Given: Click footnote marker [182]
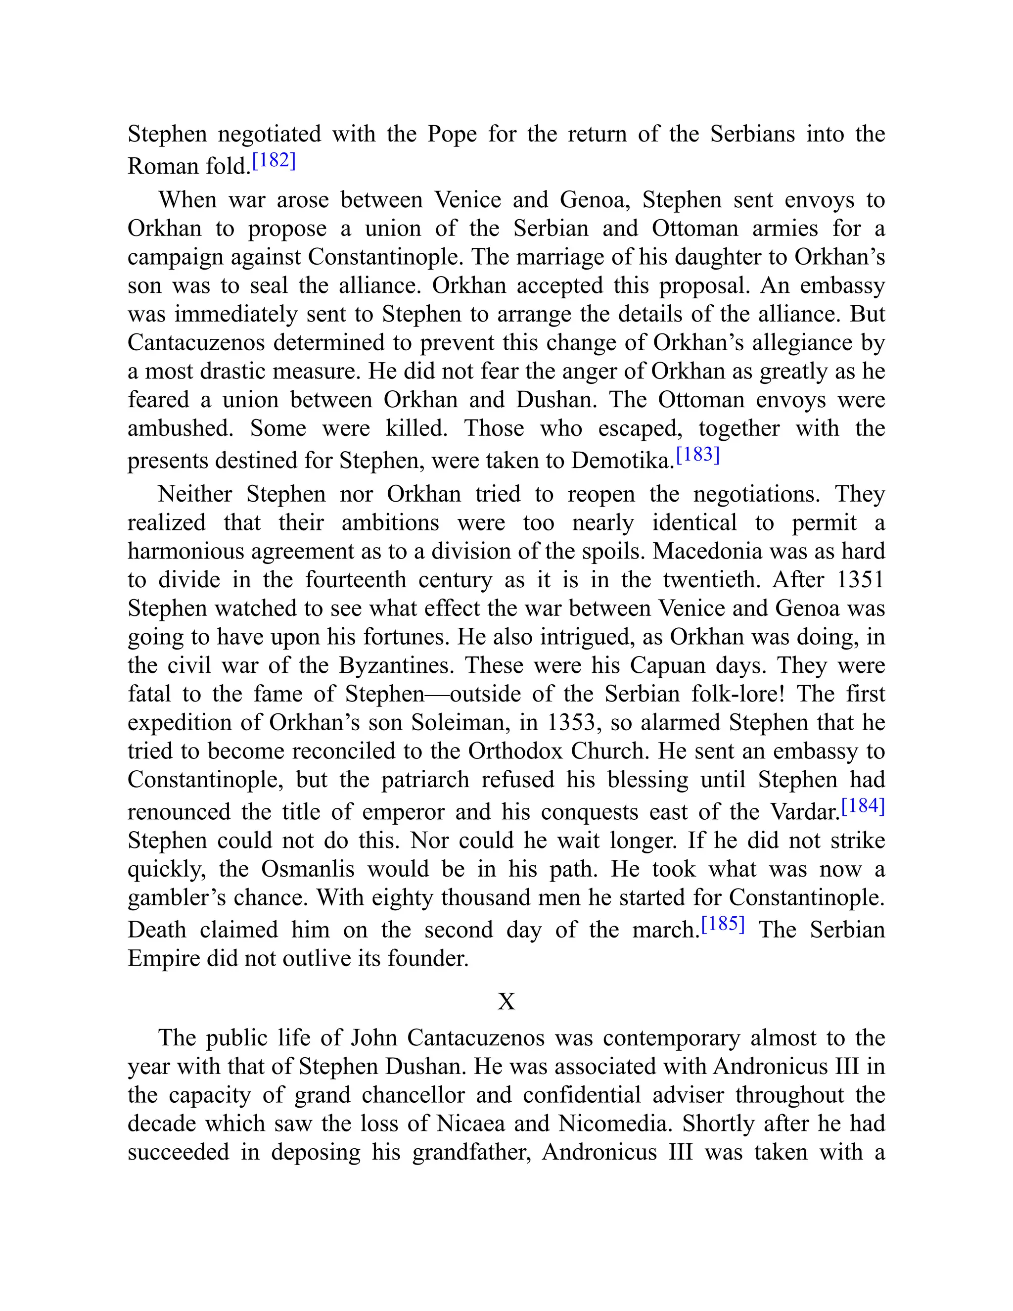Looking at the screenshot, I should click(274, 161).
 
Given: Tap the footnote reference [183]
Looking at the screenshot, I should click(697, 455).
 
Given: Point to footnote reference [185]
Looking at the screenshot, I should click(723, 924).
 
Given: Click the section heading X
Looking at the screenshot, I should click(506, 1001).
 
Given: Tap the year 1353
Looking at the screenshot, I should click(575, 722).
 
